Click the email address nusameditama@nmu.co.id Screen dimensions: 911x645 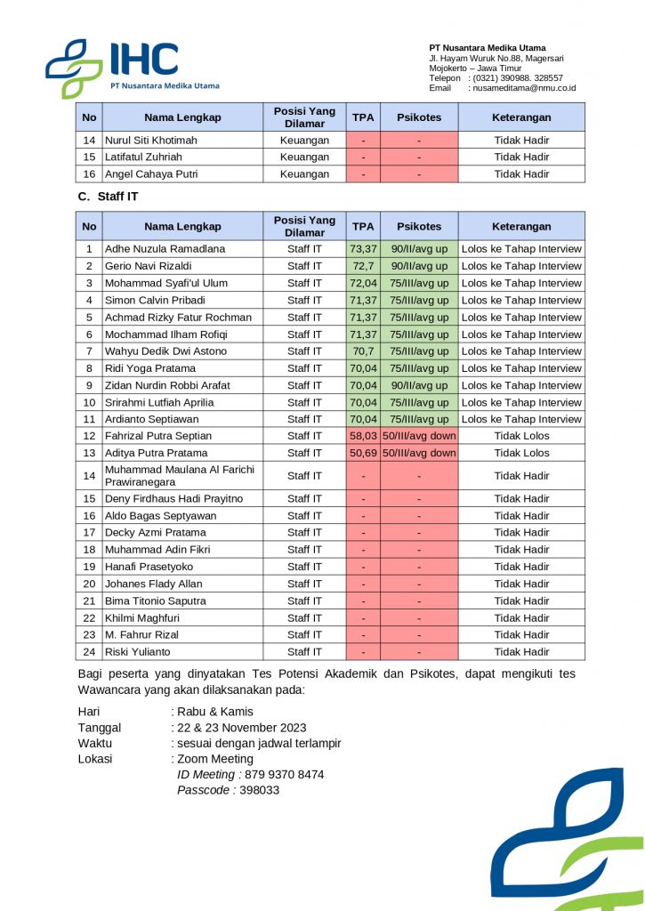point(524,88)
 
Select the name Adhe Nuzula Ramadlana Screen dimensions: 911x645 point(165,249)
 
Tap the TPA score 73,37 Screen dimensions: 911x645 point(363,249)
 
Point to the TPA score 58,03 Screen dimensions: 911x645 point(363,436)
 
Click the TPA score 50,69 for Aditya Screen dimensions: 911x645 point(363,453)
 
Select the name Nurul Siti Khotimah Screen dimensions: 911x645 point(151,141)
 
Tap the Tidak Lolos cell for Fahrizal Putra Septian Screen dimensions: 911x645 point(521,436)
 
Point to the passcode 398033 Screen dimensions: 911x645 point(260,790)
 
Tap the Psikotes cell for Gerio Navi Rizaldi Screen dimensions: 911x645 point(419,266)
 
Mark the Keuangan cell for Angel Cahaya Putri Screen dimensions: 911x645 point(304,174)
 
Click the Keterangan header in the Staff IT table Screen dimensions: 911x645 point(521,227)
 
